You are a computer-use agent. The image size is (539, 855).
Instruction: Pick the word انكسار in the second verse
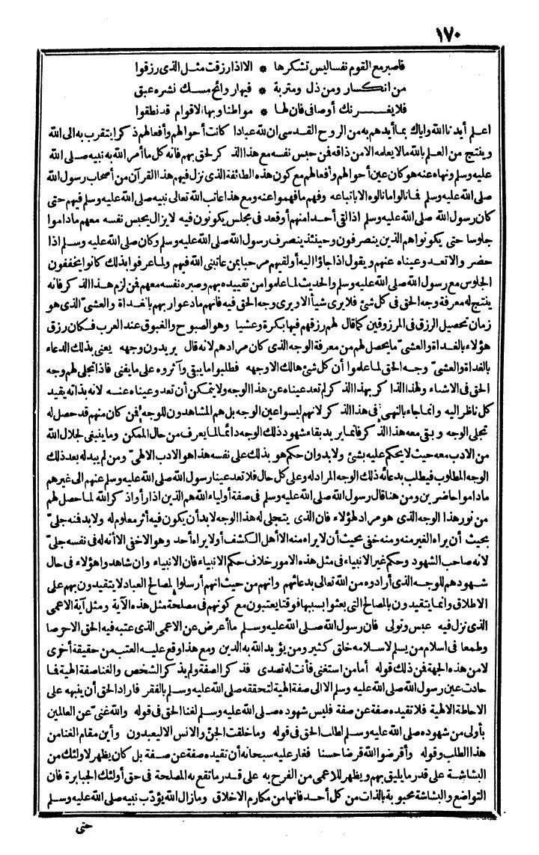424,78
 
